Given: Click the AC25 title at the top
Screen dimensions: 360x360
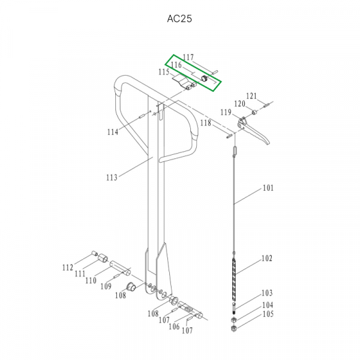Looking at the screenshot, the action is pos(179,19).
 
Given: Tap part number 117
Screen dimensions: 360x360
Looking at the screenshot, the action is pos(188,57).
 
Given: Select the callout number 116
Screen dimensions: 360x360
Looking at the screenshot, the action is pos(176,65).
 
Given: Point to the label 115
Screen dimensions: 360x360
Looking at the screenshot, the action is pos(164,72).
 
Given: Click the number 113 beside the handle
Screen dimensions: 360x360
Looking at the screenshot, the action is pos(112,178).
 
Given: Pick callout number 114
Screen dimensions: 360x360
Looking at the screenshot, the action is pos(113,132).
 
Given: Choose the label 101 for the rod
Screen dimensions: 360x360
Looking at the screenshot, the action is pos(268,188).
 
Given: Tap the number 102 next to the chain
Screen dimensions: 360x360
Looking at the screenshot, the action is pos(267,259).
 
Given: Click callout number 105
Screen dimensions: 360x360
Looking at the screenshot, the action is pos(268,314).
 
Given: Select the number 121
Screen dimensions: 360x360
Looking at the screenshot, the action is pos(251,96).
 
